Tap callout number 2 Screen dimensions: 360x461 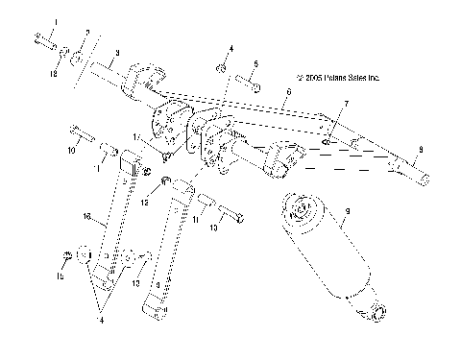(86, 34)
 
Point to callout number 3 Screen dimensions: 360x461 (116, 54)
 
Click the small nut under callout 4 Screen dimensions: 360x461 (221, 68)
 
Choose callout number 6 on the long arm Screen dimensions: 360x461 (288, 93)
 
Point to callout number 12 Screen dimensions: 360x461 (146, 204)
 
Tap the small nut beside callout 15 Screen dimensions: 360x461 (65, 254)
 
